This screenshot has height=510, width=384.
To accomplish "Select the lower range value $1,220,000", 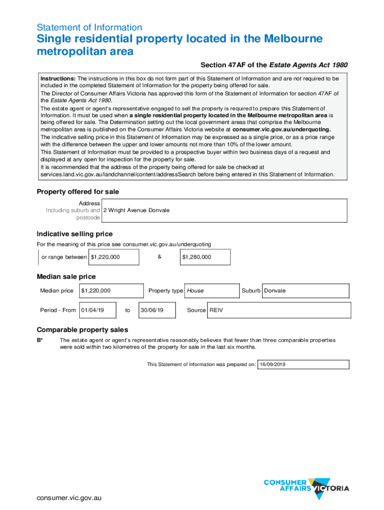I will click(114, 257).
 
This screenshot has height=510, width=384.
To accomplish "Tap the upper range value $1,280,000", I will click(205, 257).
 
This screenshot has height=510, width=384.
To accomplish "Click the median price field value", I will click(111, 291).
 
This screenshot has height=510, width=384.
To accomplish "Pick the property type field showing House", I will click(211, 291).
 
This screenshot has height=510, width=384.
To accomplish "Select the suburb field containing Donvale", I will click(305, 291).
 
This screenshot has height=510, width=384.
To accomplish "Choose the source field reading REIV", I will click(278, 310).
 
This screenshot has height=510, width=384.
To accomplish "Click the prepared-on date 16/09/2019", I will click(303, 365).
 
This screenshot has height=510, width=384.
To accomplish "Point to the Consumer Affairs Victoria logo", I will click(306, 485).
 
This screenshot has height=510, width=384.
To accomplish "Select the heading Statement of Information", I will click(90, 27).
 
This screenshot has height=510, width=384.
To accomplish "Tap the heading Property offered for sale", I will click(78, 192).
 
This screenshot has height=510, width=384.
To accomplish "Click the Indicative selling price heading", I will click(75, 234).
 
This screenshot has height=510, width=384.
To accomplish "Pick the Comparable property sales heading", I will click(82, 330).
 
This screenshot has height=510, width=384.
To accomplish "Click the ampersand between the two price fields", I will click(159, 257).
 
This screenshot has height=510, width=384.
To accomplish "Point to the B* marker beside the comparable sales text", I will click(40, 340).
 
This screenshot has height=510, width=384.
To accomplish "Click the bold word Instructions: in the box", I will click(58, 79).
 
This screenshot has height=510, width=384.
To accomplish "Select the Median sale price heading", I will click(66, 277).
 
